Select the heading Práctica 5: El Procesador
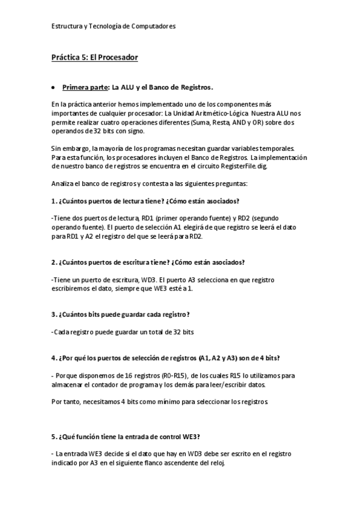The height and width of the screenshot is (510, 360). point(95,57)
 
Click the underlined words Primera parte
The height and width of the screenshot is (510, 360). point(84,87)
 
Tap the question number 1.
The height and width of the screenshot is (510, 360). point(53,200)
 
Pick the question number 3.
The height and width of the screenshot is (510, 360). point(53,314)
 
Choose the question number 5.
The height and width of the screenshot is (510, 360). point(53,437)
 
